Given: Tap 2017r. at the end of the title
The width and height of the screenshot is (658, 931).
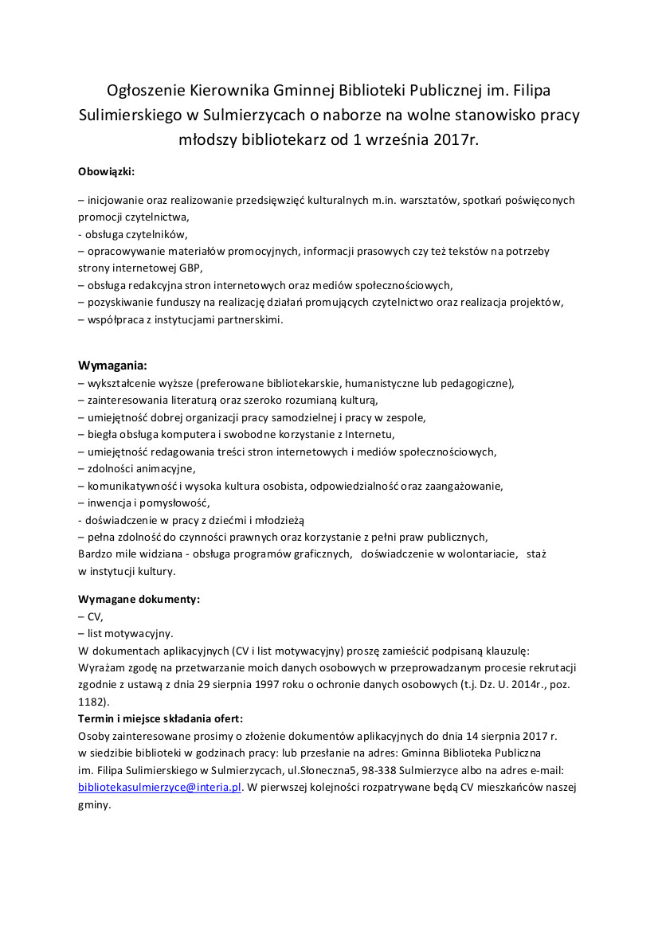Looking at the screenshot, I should point(456,139).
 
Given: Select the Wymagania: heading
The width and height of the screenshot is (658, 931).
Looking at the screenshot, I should point(112,366).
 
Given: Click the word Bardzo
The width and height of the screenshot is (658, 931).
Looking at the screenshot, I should point(96,553).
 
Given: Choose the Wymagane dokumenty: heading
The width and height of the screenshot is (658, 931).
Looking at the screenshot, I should point(139,598).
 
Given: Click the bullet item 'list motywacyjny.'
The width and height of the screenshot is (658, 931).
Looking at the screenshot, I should point(129,633).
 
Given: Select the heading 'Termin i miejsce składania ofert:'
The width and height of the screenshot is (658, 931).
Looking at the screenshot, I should point(161,718).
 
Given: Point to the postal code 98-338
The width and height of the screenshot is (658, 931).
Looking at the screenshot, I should point(377,770).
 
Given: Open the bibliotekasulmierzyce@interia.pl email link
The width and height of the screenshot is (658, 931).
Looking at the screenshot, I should point(159,788).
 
